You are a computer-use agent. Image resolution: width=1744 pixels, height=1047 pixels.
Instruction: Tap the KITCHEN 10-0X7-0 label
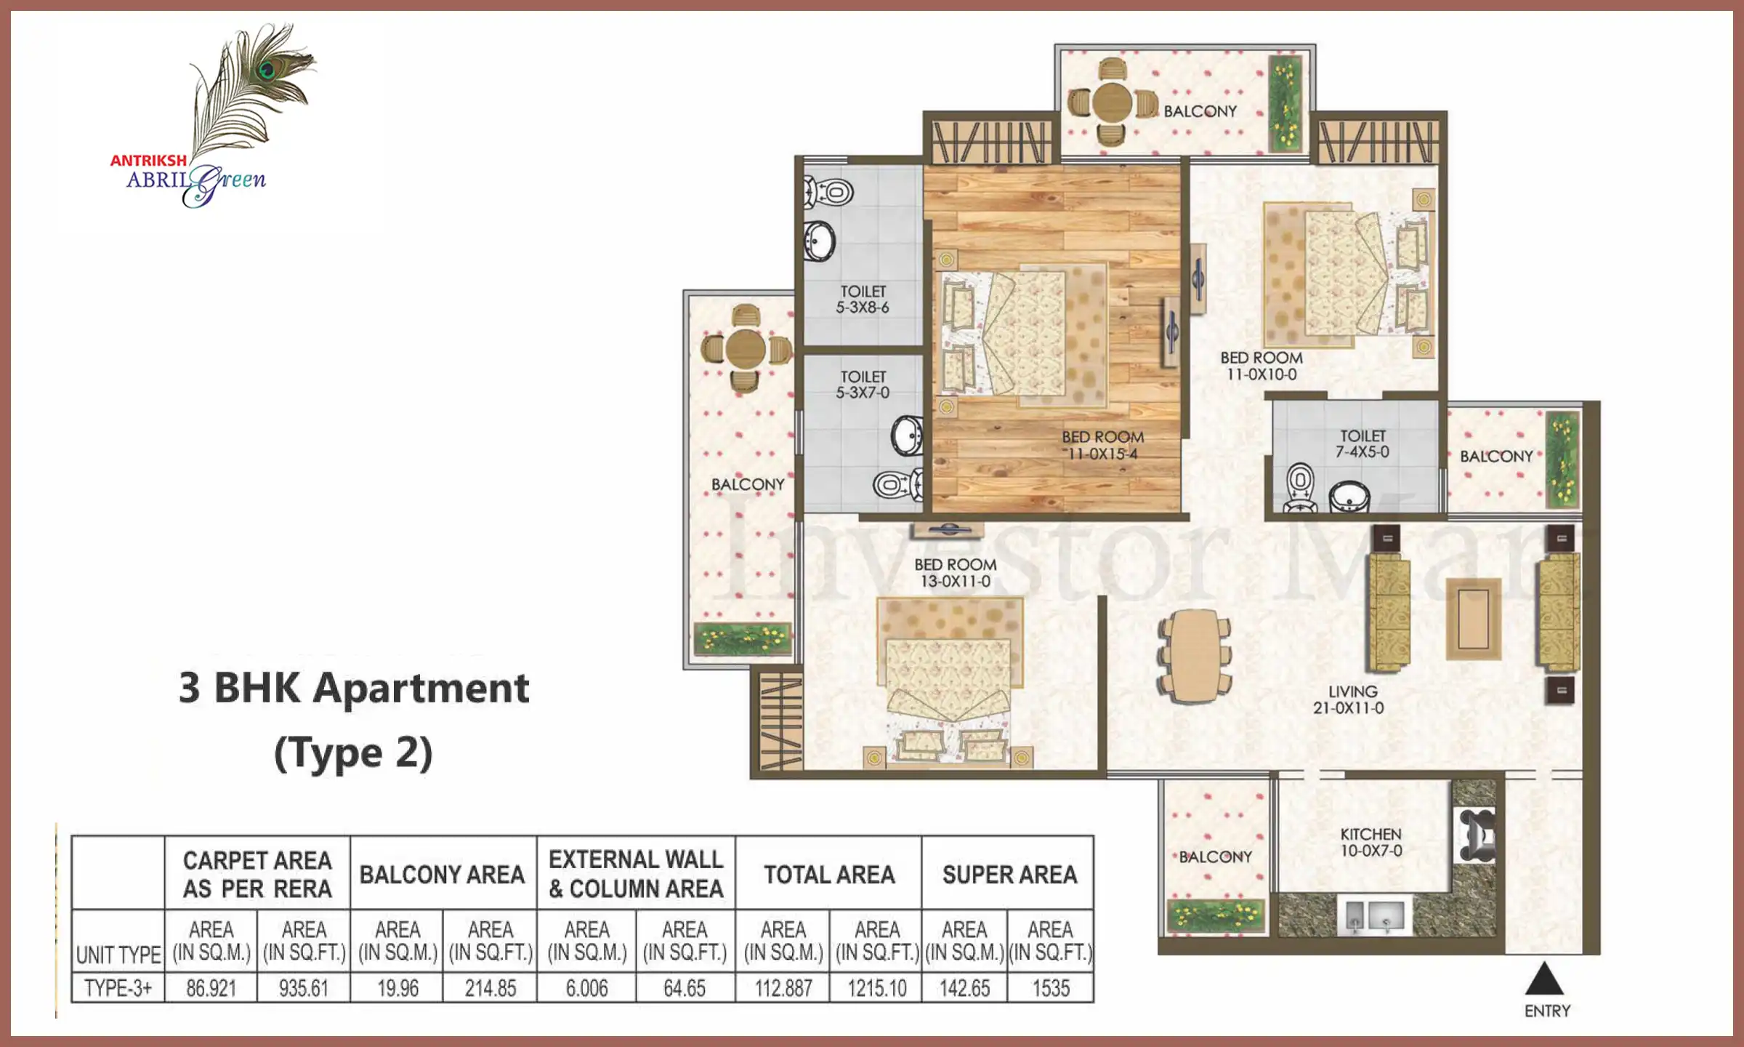pos(1371,842)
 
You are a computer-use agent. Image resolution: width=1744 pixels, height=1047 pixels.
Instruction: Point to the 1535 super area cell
pos(1051,988)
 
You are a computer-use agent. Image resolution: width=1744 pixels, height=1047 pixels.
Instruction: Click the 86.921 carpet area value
pos(211,988)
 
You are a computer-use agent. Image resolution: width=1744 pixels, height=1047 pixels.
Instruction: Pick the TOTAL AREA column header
pos(829,874)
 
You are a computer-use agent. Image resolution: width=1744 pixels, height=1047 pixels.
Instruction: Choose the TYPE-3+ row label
pos(118,988)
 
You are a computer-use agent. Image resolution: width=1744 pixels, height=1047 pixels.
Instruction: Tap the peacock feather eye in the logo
pos(267,70)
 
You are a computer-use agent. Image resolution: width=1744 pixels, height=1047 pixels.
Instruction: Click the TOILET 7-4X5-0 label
pos(1362,444)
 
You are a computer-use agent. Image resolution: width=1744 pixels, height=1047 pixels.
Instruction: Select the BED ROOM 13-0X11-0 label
pos(956,572)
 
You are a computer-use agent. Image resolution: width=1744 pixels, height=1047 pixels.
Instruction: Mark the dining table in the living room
pos(1195,656)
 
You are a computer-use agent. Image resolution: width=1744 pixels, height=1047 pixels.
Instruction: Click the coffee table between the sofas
pos(1473,619)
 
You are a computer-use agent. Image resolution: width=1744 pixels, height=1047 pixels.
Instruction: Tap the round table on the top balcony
pos(1112,103)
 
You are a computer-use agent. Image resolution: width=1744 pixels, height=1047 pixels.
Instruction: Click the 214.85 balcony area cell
pos(490,988)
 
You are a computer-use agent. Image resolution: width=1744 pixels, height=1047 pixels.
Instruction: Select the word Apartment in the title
pos(421,689)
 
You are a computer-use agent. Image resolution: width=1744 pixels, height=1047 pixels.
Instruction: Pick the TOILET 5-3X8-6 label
pos(863,299)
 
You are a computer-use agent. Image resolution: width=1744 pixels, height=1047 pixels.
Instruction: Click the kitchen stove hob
pos(1474,835)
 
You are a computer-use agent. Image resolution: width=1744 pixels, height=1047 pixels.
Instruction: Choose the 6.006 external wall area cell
pos(586,988)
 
